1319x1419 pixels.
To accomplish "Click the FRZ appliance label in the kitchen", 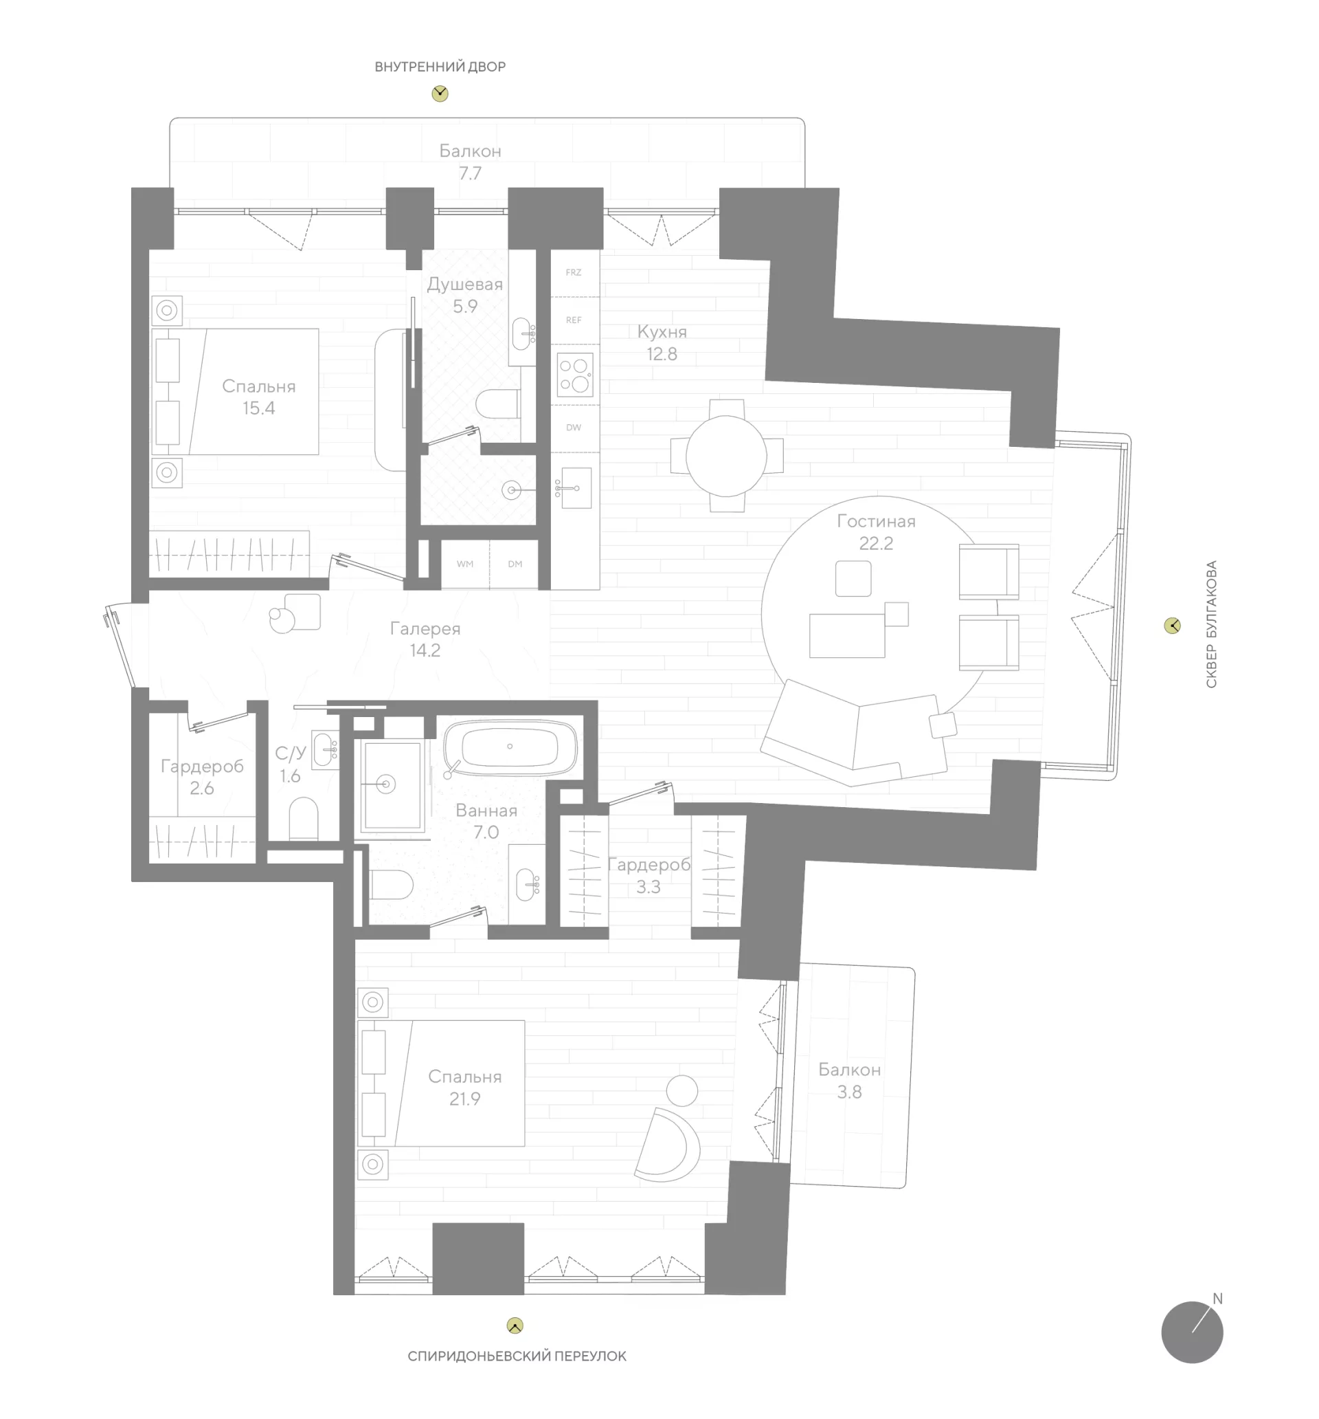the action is pos(574,273).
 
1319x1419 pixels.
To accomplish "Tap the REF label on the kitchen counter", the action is pos(574,320).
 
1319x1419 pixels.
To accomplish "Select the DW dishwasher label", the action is pos(574,428).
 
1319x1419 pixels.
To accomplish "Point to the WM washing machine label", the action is pos(465,564).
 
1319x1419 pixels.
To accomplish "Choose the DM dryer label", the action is pos(515,564).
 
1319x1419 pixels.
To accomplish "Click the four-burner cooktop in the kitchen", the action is pos(575,375).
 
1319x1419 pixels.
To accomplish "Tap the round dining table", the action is pos(726,455).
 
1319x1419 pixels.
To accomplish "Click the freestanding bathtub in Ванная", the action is pos(510,747).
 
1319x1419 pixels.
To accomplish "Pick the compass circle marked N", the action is pos(1191,1332).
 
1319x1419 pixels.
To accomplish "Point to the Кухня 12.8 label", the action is pos(662,342).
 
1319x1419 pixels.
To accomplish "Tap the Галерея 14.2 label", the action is pos(425,639).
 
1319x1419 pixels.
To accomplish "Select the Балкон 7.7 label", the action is pos(470,162).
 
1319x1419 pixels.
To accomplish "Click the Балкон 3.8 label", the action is pos(850,1081).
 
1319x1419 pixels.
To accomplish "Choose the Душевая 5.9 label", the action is pos(465,296).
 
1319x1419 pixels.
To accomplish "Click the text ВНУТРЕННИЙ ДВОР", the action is pos(440,67).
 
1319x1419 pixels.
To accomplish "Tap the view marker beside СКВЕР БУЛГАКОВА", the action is pos(1172,626).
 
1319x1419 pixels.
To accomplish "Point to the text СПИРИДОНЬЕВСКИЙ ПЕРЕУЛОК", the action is pos(517,1356).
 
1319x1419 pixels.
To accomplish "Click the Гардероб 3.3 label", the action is pos(649,876).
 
